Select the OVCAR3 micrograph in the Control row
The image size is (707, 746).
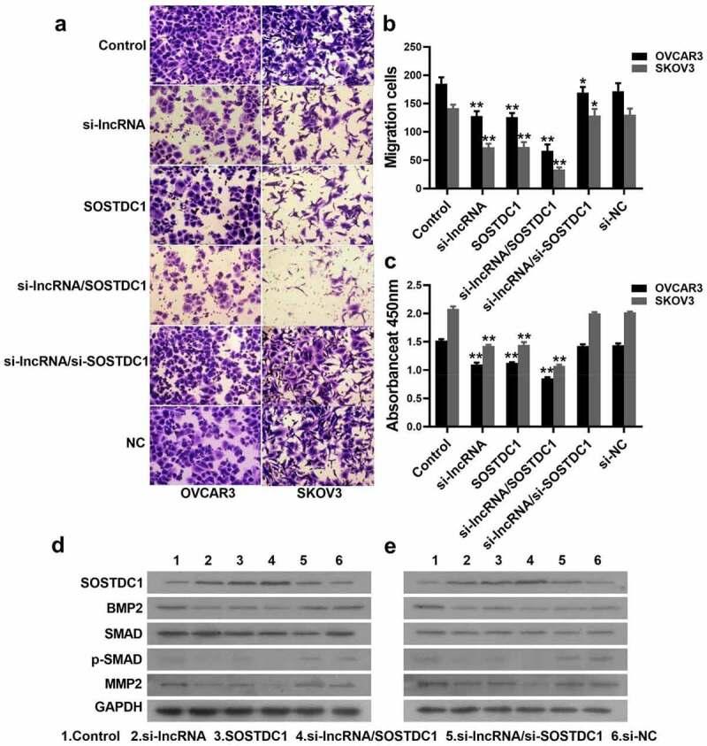[x=205, y=44]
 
